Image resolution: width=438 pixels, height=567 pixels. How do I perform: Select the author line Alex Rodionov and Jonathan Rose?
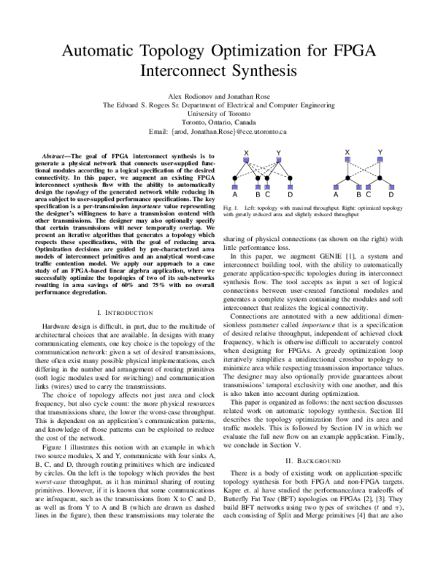[x=219, y=96]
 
